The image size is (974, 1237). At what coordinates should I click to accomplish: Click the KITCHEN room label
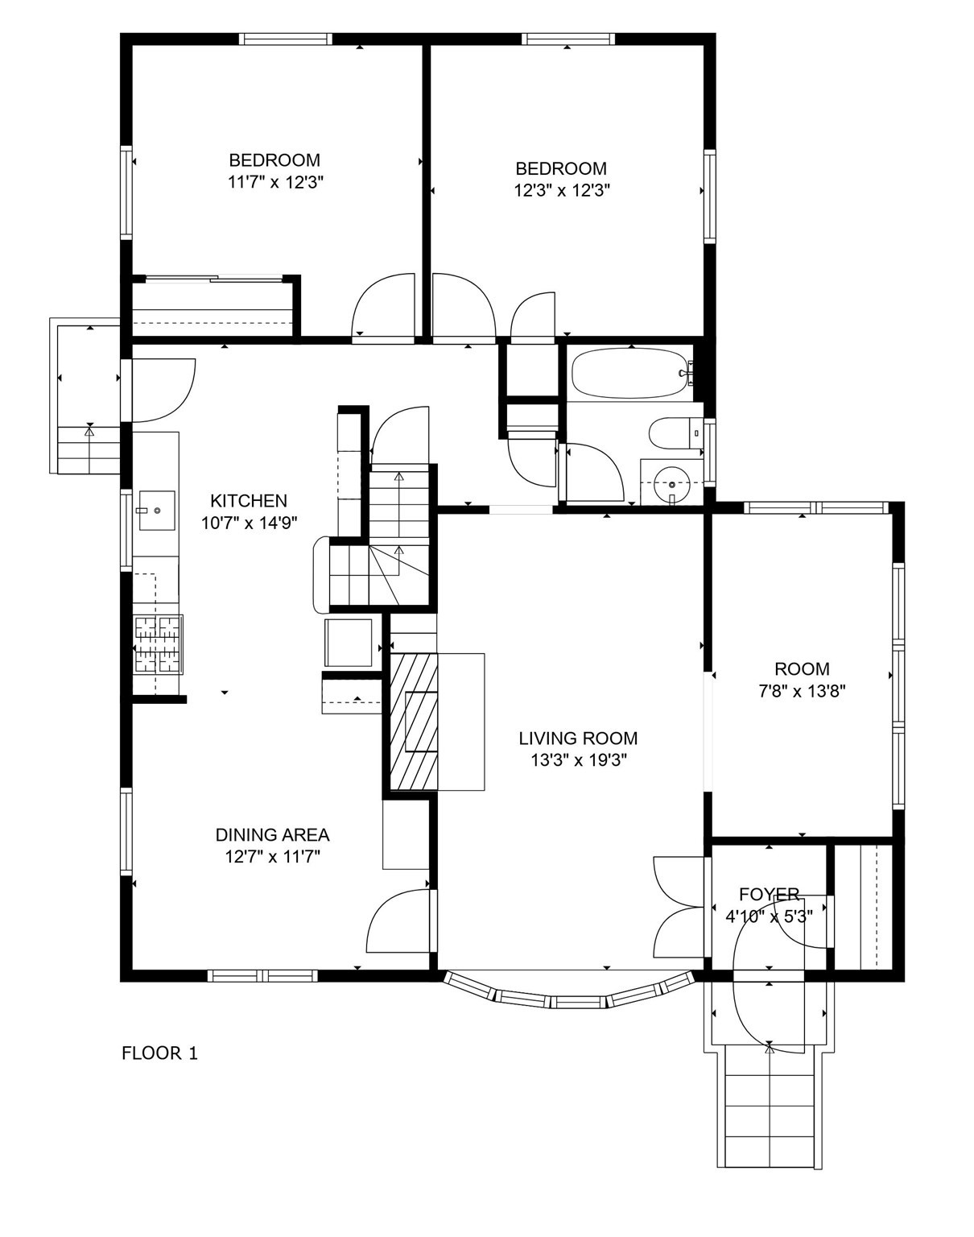[x=248, y=500]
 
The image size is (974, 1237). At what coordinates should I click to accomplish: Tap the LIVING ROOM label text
[x=577, y=738]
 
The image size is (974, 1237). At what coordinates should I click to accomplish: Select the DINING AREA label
[x=272, y=835]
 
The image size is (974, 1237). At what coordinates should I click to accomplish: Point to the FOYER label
[x=769, y=894]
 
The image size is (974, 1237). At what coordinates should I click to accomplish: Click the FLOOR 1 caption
[x=159, y=1053]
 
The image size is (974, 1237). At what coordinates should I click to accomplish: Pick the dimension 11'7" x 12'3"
[x=275, y=182]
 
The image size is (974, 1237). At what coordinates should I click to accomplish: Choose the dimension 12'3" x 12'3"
[x=562, y=191]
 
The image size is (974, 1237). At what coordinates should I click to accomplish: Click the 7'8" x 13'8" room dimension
[x=802, y=690]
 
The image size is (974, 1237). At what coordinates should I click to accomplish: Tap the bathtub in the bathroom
[x=629, y=373]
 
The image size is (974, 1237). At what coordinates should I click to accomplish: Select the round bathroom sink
[x=671, y=485]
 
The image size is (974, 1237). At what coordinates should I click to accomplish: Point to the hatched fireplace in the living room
[x=414, y=721]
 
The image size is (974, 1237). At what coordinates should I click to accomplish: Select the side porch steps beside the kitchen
[x=89, y=451]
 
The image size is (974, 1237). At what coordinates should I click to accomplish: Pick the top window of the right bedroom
[x=568, y=39]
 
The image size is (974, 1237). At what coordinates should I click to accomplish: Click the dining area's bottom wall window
[x=262, y=975]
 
